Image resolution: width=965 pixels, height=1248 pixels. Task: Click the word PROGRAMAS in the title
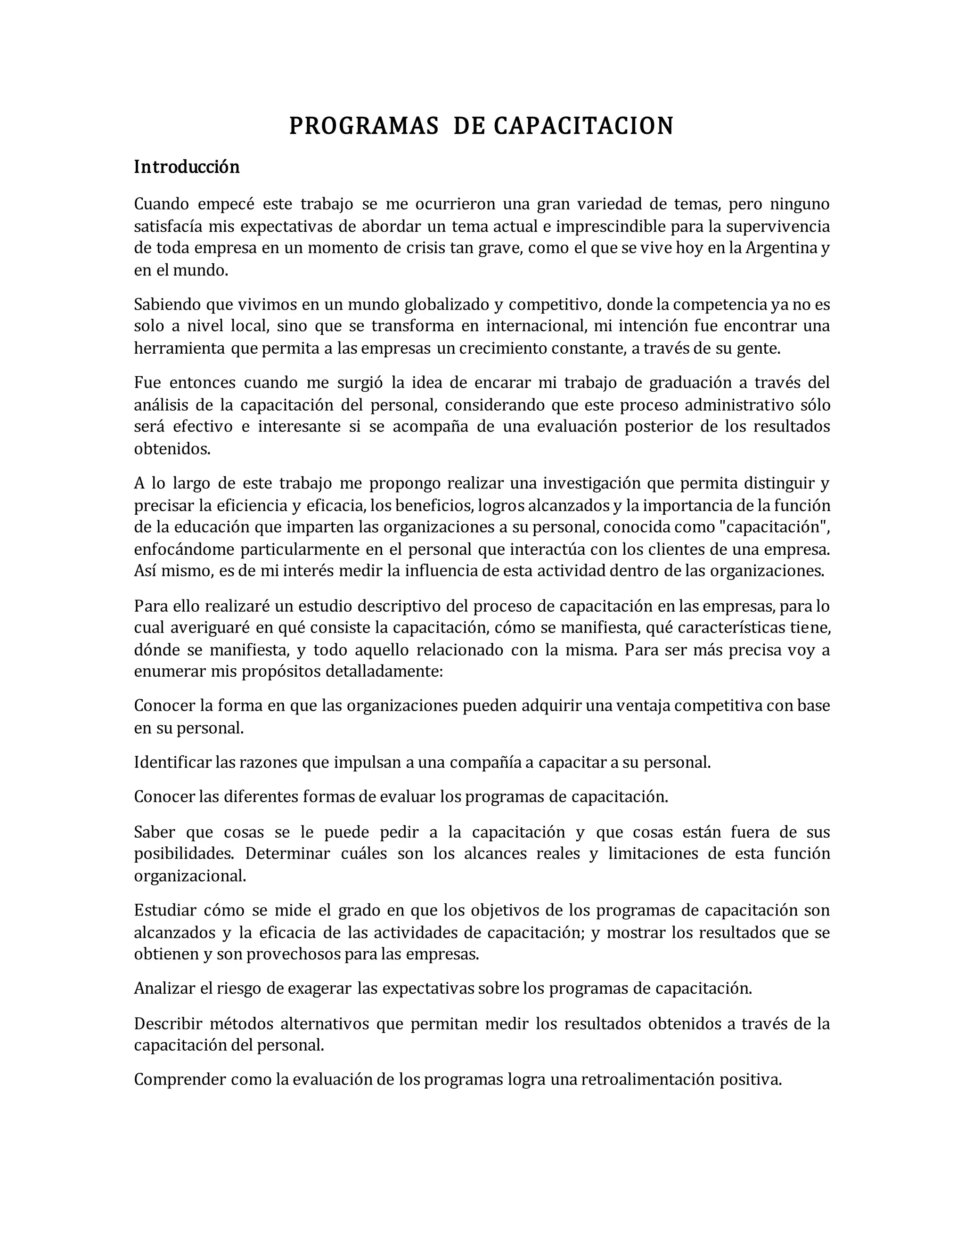[x=364, y=126]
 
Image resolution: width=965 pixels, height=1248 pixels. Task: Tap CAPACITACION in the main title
[x=584, y=126]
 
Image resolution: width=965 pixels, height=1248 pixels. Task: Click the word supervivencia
[x=777, y=227]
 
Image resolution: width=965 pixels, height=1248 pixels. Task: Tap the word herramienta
[x=180, y=348]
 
